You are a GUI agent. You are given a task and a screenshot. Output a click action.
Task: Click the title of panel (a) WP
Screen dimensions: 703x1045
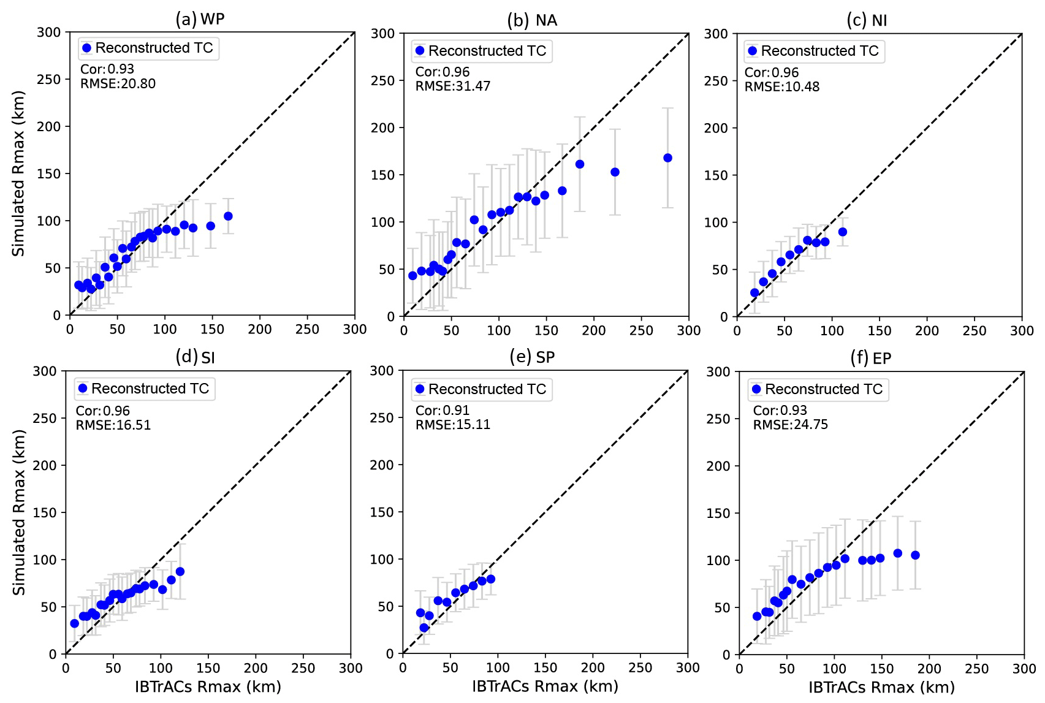[x=200, y=19]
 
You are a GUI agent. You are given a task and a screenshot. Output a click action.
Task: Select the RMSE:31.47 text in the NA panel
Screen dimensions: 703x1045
[x=452, y=86]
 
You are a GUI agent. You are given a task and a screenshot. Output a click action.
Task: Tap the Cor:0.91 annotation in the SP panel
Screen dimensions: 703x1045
[x=442, y=411]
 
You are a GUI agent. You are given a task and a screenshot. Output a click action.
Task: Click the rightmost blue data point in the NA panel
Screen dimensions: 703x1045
[x=667, y=158]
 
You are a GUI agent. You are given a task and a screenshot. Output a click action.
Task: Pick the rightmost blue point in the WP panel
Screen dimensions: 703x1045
[x=228, y=216]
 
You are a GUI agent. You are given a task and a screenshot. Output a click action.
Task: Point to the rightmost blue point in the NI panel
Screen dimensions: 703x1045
[x=843, y=232]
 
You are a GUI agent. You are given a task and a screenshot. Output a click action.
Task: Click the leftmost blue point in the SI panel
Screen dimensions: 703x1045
[x=75, y=623]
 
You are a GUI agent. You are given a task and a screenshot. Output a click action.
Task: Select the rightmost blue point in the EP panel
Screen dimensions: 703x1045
[x=916, y=555]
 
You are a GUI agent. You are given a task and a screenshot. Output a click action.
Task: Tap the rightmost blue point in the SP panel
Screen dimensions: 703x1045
[x=490, y=579]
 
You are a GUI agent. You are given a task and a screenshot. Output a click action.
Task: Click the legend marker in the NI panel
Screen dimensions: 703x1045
[x=753, y=51]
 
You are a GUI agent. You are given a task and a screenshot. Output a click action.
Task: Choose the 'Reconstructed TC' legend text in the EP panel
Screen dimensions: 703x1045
[x=824, y=389]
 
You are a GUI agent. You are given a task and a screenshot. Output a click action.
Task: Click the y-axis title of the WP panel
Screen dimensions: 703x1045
[x=18, y=173]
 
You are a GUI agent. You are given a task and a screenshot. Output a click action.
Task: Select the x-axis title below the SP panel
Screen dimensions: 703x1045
[x=544, y=686]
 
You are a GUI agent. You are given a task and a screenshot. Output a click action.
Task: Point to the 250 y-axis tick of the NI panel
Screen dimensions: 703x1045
[x=716, y=81]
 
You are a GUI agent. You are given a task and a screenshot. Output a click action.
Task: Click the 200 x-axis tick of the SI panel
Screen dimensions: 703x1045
[x=256, y=668]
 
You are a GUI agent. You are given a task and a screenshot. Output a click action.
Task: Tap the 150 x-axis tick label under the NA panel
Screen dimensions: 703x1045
[x=546, y=330]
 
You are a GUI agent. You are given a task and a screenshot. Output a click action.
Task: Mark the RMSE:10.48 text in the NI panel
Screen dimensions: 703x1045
[x=781, y=87]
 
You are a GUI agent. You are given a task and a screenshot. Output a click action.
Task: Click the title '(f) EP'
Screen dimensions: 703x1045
[x=870, y=358]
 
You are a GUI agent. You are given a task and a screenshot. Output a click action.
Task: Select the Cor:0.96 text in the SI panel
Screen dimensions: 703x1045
[x=102, y=411]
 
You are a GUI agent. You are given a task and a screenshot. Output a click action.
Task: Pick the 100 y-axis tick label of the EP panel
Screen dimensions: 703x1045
[x=718, y=560]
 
